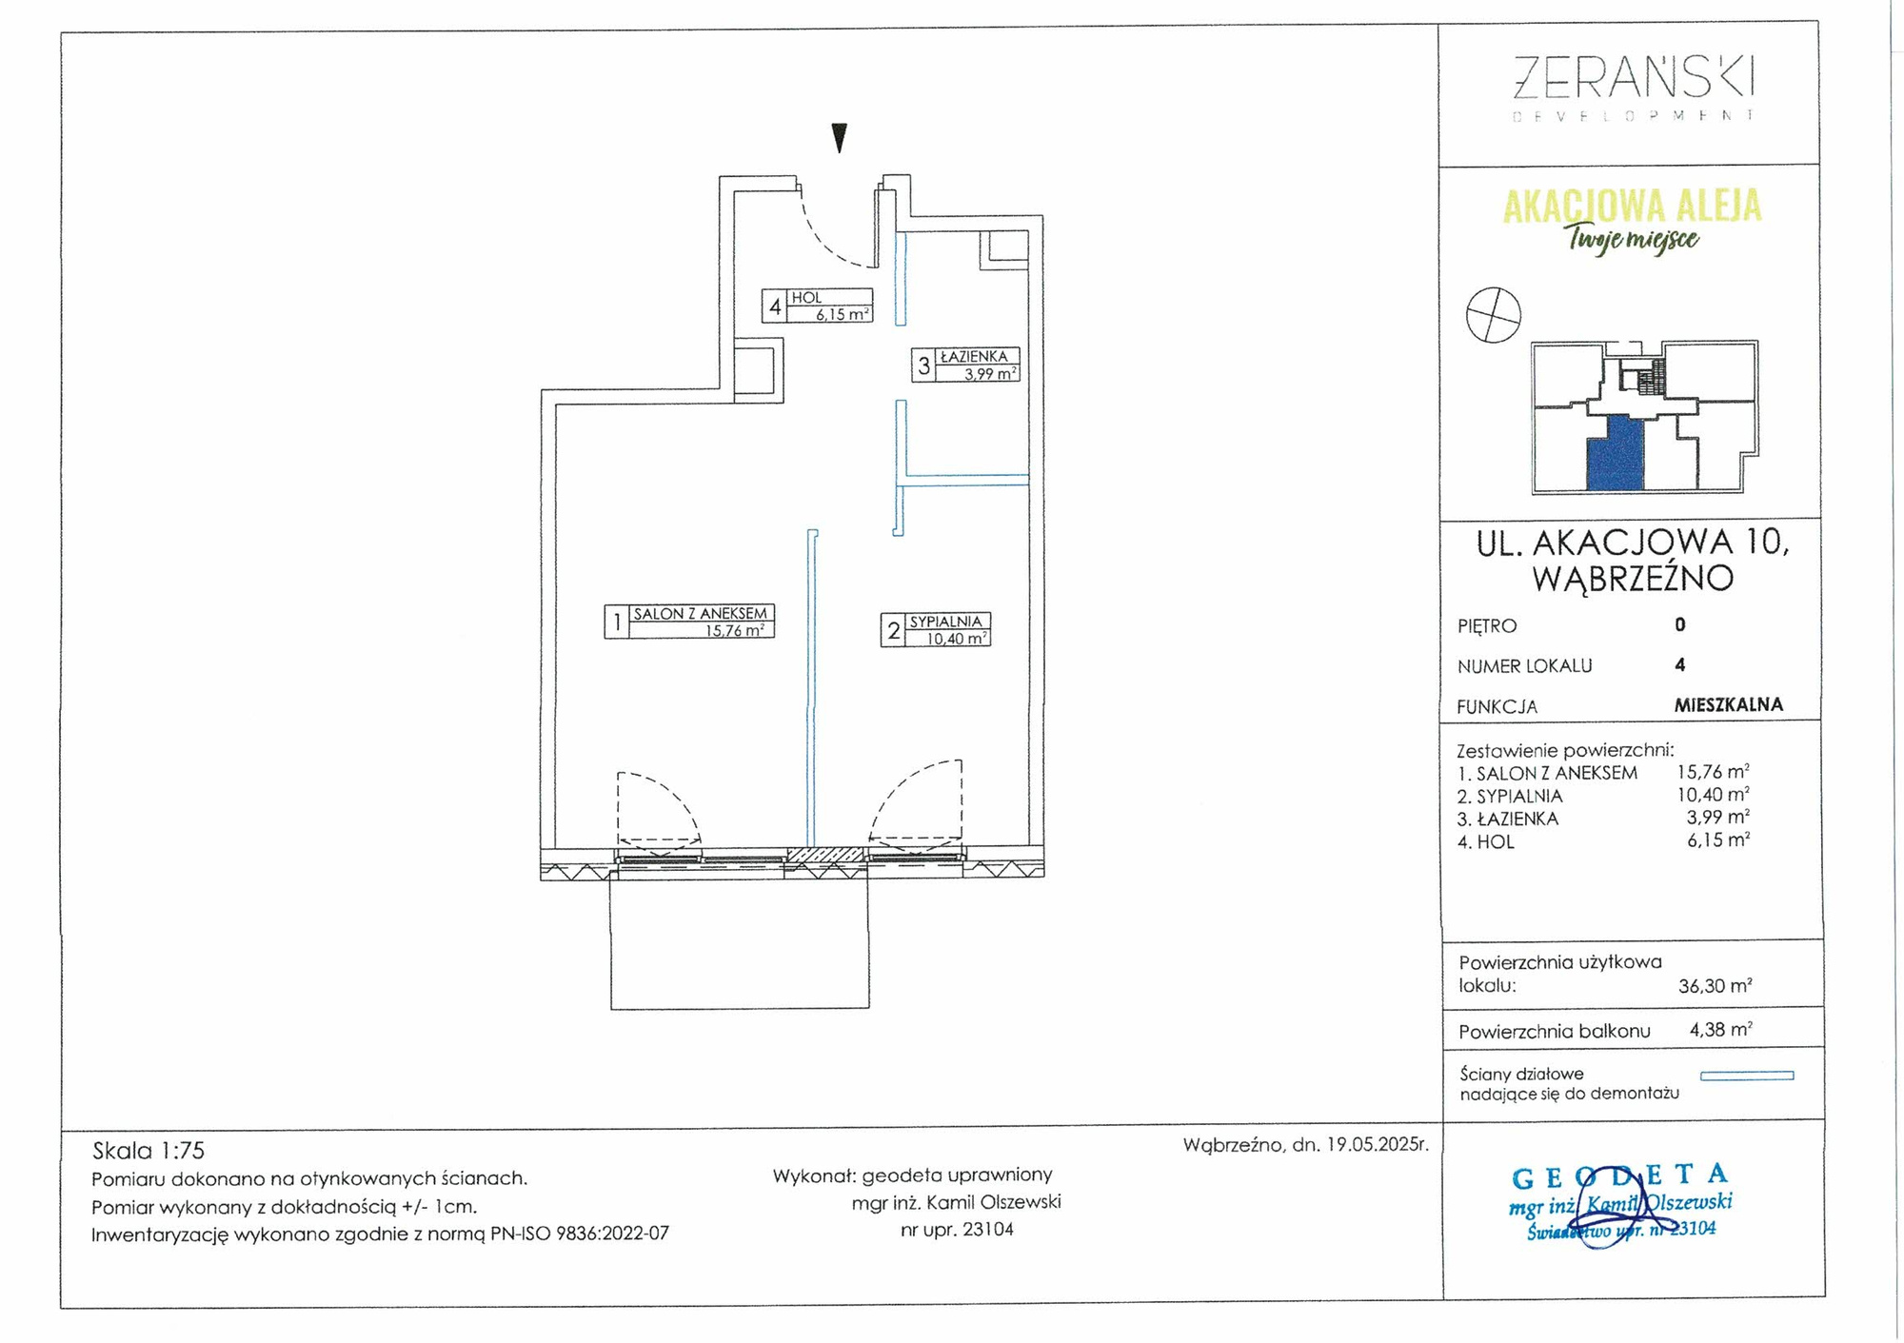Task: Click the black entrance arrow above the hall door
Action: [x=840, y=138]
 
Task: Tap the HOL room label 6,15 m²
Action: [x=818, y=306]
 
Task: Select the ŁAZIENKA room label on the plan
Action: [x=966, y=365]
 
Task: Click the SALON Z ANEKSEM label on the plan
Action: [x=689, y=621]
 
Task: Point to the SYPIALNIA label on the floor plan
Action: [x=936, y=629]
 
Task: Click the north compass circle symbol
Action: [x=1494, y=315]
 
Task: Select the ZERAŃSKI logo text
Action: [x=1634, y=77]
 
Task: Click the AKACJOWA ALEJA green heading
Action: [x=1633, y=206]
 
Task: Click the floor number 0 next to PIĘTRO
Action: [x=1680, y=624]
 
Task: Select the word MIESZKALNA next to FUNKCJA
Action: [x=1729, y=704]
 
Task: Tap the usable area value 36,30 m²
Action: [x=1715, y=986]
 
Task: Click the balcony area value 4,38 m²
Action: [x=1720, y=1029]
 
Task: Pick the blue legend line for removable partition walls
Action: [x=1747, y=1076]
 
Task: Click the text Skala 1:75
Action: [x=149, y=1151]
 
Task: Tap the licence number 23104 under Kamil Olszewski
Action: [x=987, y=1230]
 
